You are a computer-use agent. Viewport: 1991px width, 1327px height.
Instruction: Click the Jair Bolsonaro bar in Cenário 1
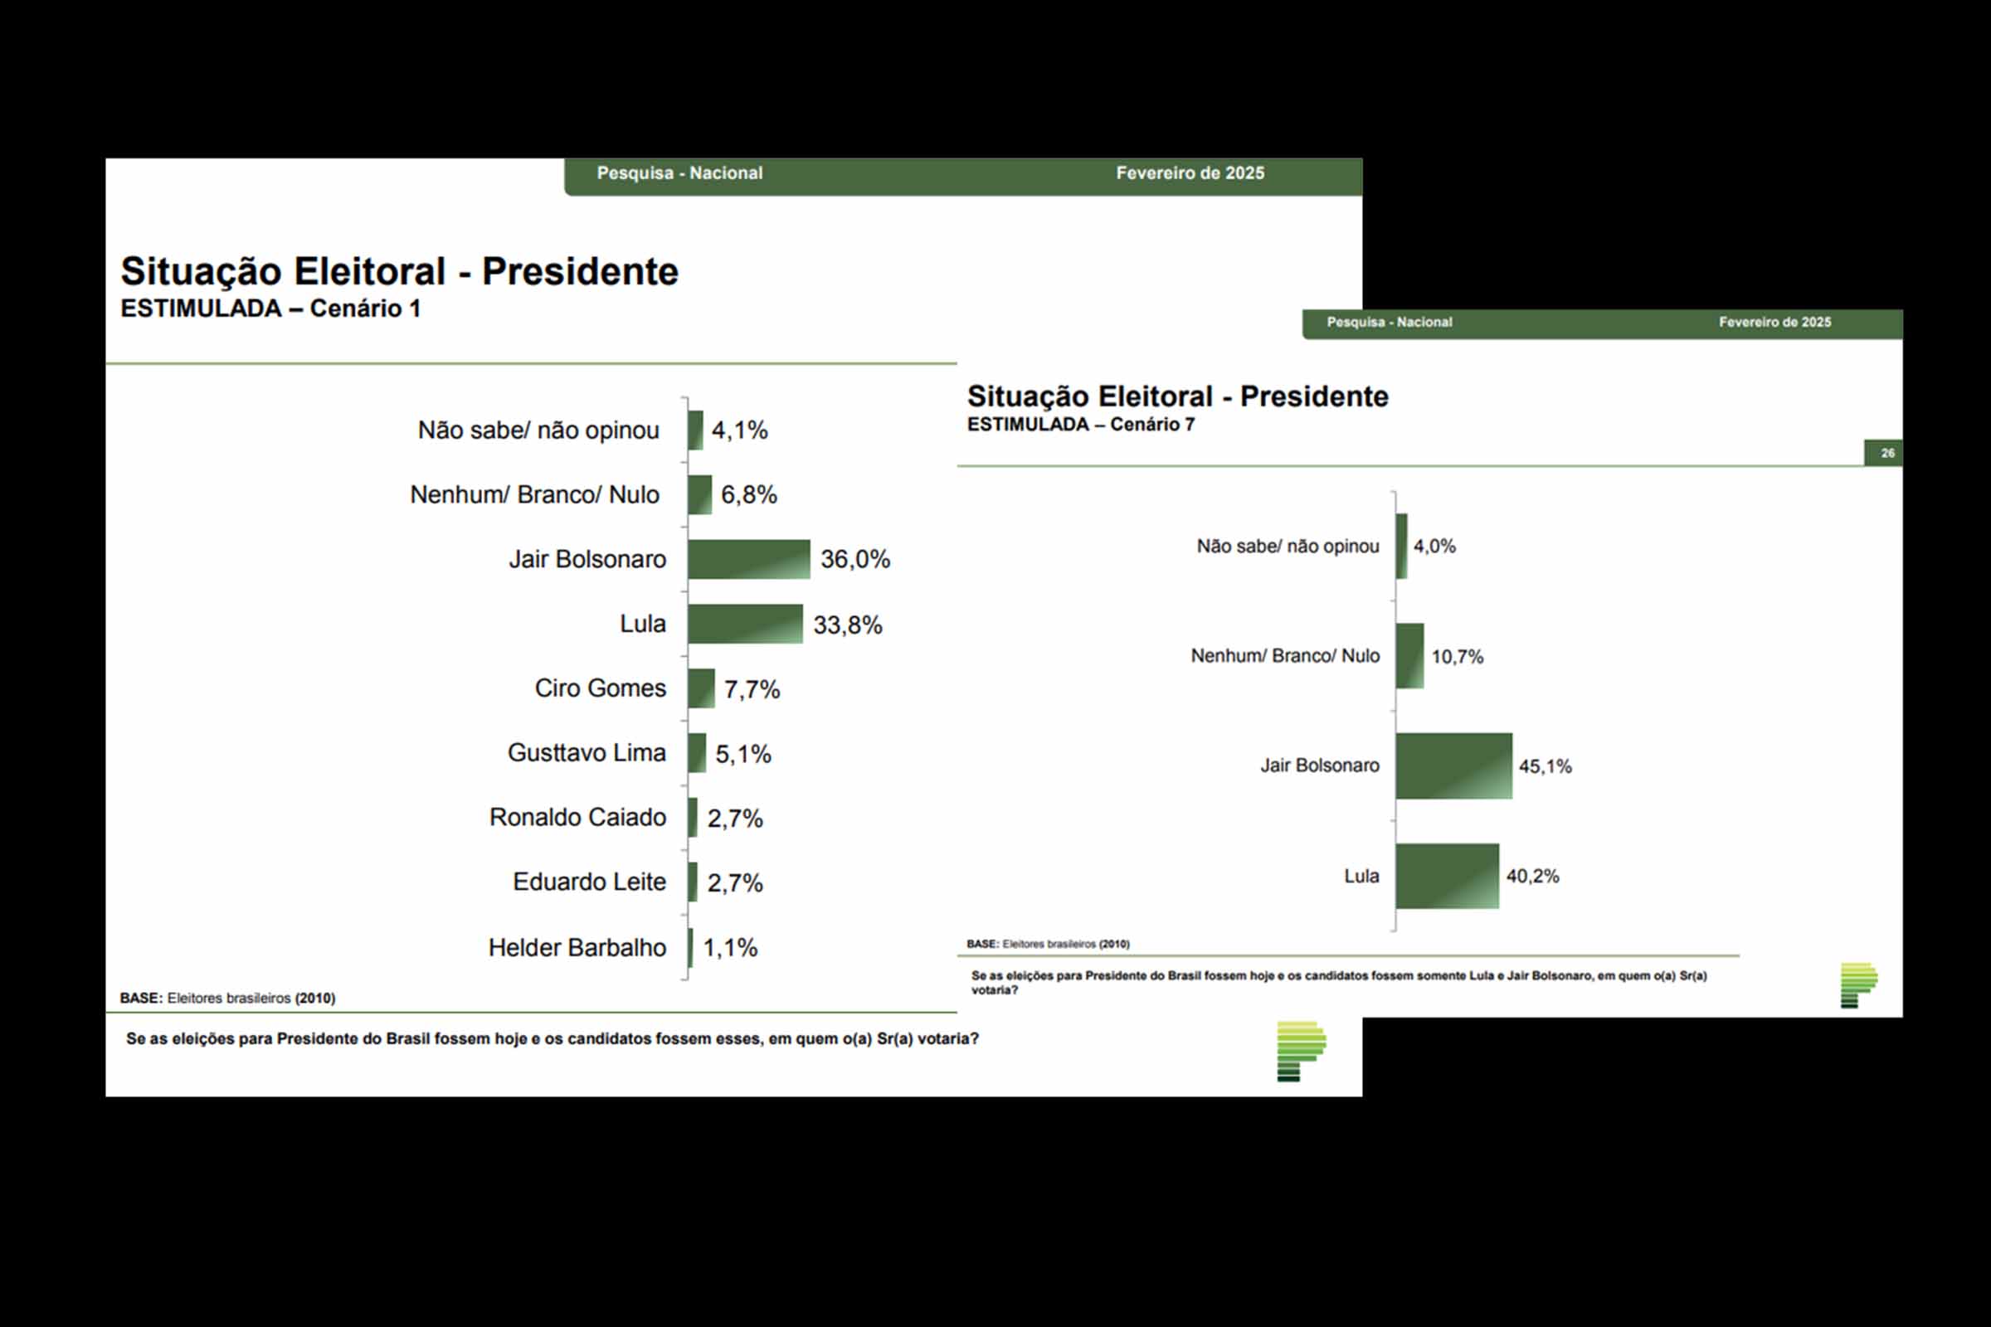(748, 559)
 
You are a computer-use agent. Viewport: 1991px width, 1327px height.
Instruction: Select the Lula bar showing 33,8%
(745, 624)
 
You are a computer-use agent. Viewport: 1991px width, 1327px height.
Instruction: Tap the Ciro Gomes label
(600, 688)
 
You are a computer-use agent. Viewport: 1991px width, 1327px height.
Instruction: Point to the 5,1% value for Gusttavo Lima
(743, 753)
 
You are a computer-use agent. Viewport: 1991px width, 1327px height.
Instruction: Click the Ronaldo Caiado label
(577, 818)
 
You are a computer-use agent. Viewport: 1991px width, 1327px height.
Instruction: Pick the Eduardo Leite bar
(693, 882)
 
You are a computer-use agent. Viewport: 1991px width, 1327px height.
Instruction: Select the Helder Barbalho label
(577, 947)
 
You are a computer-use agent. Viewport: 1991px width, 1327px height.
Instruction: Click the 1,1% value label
(731, 947)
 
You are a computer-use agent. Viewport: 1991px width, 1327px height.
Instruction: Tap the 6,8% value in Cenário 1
(749, 494)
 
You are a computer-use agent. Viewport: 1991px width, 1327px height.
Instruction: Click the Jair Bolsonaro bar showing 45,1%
(1453, 766)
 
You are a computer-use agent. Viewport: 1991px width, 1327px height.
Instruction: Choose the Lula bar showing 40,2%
(1447, 876)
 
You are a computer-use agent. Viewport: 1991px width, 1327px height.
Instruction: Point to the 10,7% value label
(1457, 657)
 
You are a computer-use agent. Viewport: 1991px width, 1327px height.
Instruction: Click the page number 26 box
(1886, 453)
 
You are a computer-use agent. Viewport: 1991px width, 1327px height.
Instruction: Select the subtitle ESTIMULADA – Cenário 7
(1081, 424)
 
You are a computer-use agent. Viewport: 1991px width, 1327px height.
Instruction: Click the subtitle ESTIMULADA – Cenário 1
(270, 308)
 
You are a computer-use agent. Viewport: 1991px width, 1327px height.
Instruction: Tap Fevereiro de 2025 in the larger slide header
(1190, 173)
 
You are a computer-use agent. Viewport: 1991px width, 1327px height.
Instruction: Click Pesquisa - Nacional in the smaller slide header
(1389, 323)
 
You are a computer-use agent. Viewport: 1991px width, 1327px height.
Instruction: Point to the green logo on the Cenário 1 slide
(1300, 1050)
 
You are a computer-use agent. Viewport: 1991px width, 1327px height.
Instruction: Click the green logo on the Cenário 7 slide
(1858, 984)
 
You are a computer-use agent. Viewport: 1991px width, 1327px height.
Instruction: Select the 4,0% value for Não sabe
(1435, 546)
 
